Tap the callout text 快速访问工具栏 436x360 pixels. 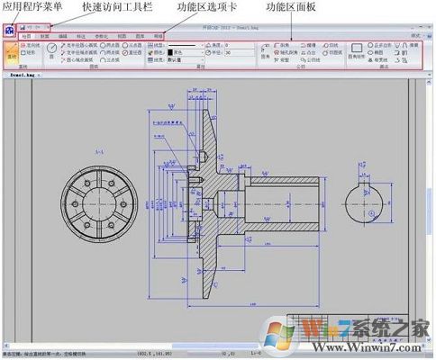pos(116,7)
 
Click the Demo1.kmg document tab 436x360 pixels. pos(22,76)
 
